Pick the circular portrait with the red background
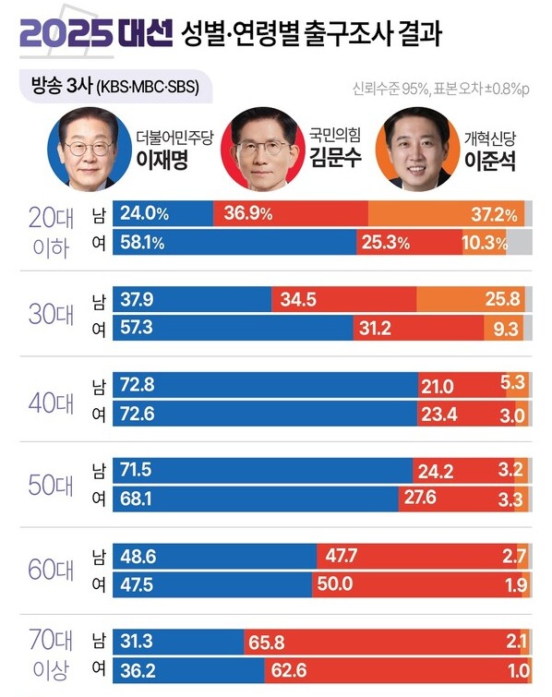[258, 149]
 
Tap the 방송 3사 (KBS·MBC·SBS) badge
[114, 89]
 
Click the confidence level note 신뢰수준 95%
[389, 90]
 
